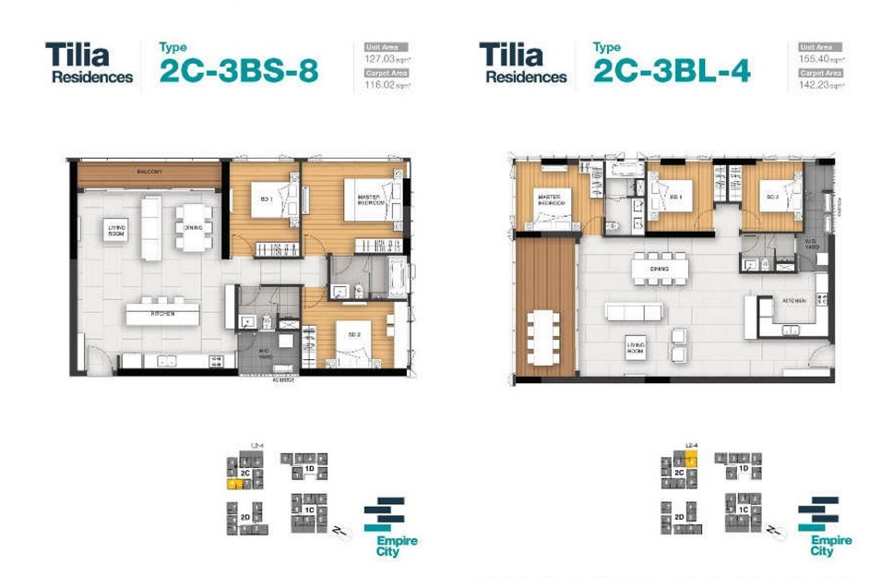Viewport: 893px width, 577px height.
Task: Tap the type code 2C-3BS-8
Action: [x=238, y=72]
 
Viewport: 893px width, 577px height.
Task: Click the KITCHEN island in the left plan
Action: [x=163, y=314]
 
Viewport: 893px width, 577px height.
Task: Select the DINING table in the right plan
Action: [x=659, y=269]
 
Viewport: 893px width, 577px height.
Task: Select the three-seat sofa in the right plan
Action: [x=633, y=311]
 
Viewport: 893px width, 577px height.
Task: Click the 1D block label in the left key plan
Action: [x=310, y=468]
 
